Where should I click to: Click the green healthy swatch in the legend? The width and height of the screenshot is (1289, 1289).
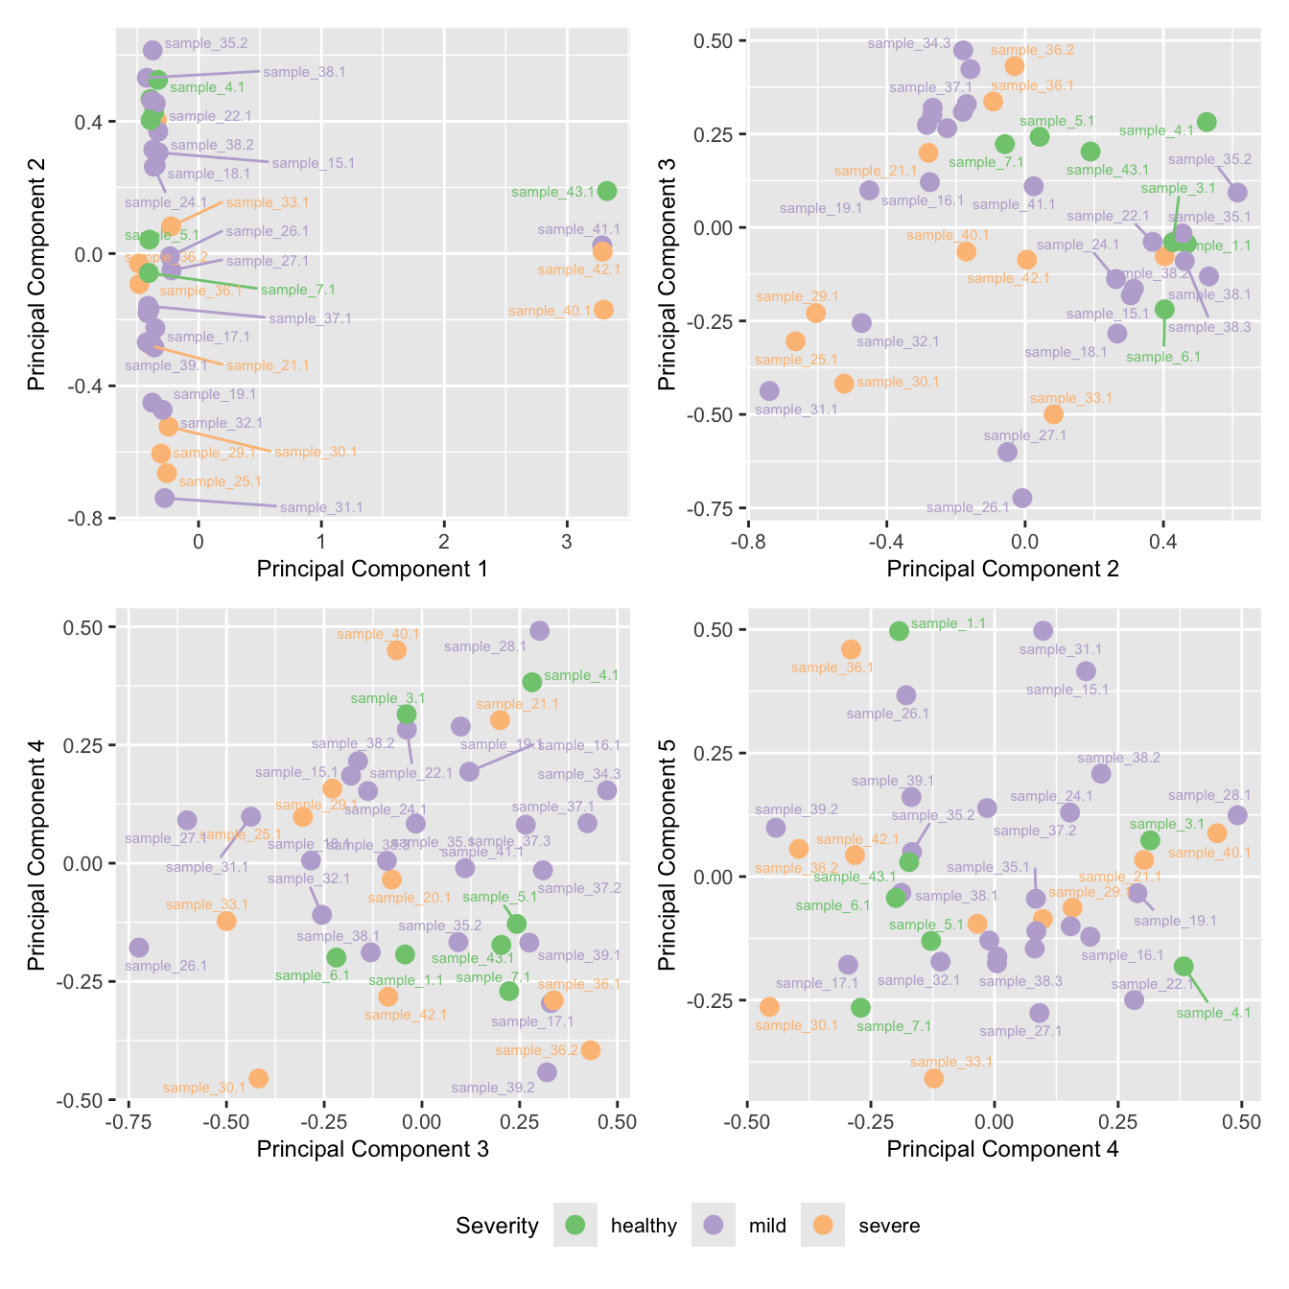575,1225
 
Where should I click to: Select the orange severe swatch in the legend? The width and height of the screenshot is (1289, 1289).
822,1225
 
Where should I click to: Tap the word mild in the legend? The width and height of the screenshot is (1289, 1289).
767,1226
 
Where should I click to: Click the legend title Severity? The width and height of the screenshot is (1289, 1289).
497,1226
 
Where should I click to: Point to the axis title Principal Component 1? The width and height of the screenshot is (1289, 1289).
372,569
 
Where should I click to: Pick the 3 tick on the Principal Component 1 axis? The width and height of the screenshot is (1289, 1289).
567,541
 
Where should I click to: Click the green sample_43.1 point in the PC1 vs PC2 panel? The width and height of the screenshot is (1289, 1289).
606,191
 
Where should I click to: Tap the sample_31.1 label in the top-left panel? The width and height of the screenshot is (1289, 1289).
321,507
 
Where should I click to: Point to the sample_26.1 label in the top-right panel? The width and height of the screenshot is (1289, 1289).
968,507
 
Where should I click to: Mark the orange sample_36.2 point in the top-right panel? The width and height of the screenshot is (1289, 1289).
1014,66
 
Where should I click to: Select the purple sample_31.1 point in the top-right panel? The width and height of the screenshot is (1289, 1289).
769,390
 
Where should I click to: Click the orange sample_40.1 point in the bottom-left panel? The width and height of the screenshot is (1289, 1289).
396,650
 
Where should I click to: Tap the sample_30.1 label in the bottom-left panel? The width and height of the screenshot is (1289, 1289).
204,1088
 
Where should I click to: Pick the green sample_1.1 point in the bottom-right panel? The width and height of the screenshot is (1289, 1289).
899,631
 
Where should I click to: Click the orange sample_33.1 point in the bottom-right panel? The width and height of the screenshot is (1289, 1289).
933,1078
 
